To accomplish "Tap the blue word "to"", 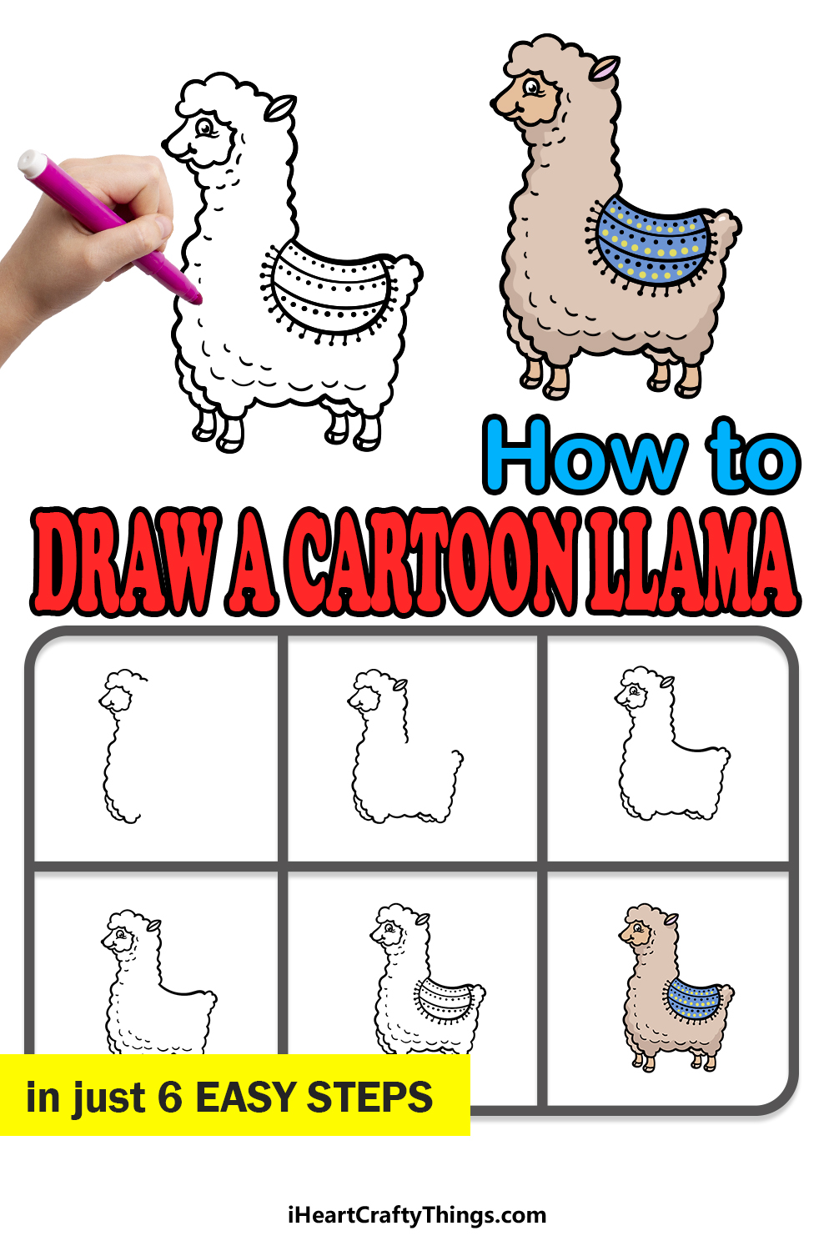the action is pyautogui.click(x=753, y=456).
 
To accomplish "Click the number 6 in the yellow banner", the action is pyautogui.click(x=170, y=1097).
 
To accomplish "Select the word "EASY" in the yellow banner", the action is pyautogui.click(x=245, y=1097).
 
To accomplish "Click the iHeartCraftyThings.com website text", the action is pyautogui.click(x=417, y=1215).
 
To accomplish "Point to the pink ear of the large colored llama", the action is pyautogui.click(x=605, y=68).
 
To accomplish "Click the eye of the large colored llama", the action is pyautogui.click(x=532, y=87).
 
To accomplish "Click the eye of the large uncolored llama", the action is pyautogui.click(x=205, y=128).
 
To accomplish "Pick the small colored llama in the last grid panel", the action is pyautogui.click(x=676, y=988).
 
